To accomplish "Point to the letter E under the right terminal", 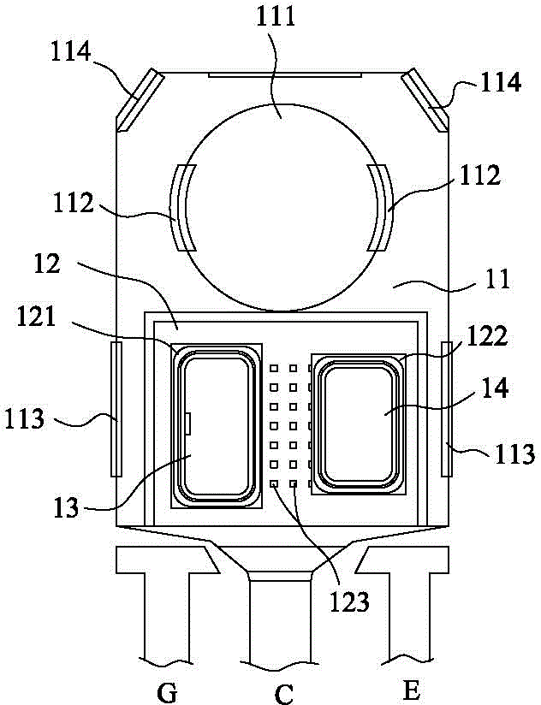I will [x=412, y=690].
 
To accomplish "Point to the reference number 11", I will [x=497, y=278].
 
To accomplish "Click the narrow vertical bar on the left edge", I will [x=116, y=409].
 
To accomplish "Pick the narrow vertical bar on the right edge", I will [x=446, y=409].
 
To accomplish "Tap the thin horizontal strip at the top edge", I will [x=285, y=74].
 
